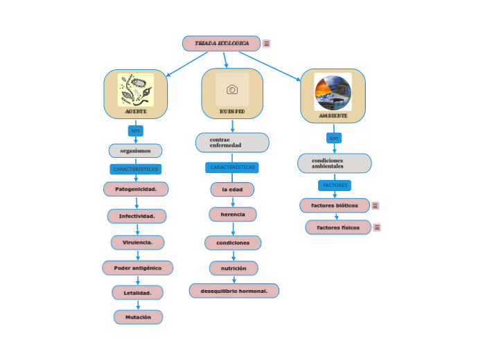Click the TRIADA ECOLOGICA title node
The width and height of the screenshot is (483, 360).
221,44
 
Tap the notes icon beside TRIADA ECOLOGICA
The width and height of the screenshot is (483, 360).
266,44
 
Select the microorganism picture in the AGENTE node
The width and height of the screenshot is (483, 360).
136,90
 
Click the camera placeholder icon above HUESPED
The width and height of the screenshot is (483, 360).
232,89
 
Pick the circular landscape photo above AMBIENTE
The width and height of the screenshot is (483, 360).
333,92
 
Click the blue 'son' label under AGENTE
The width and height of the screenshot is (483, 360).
136,130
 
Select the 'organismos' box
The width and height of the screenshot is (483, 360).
135,151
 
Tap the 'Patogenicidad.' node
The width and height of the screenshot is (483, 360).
136,189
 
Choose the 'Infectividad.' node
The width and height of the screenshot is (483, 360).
137,216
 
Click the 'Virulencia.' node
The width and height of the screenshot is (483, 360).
137,242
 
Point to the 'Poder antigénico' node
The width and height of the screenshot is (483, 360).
137,268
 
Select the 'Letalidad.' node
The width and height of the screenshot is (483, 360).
137,293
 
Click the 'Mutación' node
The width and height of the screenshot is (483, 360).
138,317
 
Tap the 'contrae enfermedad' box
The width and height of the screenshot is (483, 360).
232,143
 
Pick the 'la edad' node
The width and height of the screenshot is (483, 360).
232,189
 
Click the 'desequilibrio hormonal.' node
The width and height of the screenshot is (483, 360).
234,291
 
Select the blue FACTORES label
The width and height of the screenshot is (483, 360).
335,186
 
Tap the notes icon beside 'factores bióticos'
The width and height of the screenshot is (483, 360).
375,206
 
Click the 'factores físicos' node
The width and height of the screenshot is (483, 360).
338,227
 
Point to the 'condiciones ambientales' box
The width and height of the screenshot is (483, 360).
334,163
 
